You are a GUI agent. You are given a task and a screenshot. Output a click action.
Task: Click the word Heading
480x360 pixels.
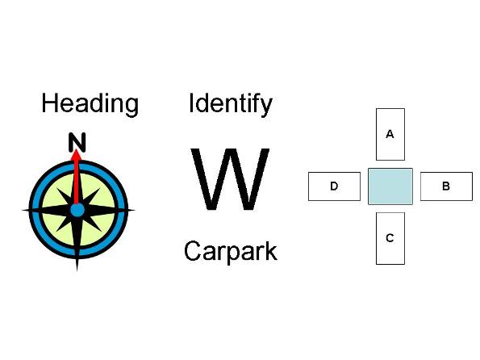[90, 104]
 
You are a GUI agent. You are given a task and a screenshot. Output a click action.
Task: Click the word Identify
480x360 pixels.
[231, 104]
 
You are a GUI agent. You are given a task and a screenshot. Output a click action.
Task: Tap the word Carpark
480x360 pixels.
[231, 252]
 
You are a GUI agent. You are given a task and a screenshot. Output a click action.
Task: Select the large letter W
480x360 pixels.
[230, 179]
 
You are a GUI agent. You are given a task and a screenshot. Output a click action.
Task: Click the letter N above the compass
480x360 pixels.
[77, 142]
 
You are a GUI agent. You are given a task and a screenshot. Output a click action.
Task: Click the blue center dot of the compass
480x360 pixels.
[77, 211]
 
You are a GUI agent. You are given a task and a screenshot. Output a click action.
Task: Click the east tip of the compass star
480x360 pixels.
[134, 210]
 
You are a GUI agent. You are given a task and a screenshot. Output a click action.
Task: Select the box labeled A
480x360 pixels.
[390, 134]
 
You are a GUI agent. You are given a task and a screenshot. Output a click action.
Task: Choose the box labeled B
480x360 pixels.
[446, 186]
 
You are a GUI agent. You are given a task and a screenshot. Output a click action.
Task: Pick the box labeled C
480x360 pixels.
[390, 238]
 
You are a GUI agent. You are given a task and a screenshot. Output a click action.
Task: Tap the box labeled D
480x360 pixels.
[334, 186]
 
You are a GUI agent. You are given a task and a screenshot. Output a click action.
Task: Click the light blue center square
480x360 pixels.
[390, 186]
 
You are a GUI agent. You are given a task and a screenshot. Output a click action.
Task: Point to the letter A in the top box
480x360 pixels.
[390, 134]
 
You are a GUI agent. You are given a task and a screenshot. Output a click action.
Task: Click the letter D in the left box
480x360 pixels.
[334, 186]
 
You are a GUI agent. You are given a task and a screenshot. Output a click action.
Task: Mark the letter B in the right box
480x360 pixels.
[446, 186]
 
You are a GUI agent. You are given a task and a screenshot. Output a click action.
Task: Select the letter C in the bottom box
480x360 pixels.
[390, 238]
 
